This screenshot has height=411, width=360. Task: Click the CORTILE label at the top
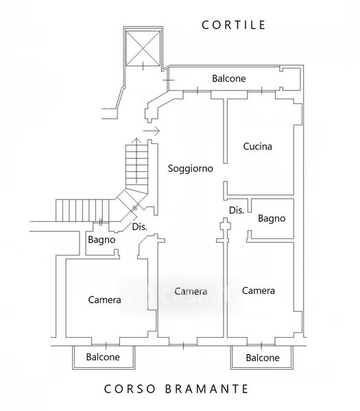(233, 25)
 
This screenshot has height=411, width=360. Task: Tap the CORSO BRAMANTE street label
(176, 389)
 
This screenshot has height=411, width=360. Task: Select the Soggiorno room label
(190, 169)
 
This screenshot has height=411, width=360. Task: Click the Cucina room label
(257, 147)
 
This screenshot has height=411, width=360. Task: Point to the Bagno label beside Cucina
(272, 219)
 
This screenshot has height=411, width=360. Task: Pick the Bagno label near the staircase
(101, 240)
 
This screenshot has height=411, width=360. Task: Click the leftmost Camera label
(104, 299)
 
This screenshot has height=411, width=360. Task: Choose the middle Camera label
(191, 291)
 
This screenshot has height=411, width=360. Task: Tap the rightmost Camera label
(259, 290)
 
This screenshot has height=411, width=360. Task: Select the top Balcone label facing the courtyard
(229, 78)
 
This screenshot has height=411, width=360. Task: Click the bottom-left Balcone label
(103, 357)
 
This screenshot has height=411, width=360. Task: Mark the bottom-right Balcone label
(263, 358)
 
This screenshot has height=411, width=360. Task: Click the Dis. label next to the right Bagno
(237, 210)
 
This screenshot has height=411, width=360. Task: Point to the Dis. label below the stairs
(140, 227)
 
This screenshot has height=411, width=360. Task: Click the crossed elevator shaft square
(143, 49)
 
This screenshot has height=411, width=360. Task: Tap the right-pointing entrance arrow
(152, 131)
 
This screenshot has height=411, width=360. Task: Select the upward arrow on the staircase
(136, 160)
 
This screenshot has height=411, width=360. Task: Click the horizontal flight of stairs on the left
(82, 210)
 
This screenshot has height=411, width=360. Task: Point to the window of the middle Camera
(183, 345)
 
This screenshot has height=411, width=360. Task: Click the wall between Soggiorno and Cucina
(225, 131)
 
